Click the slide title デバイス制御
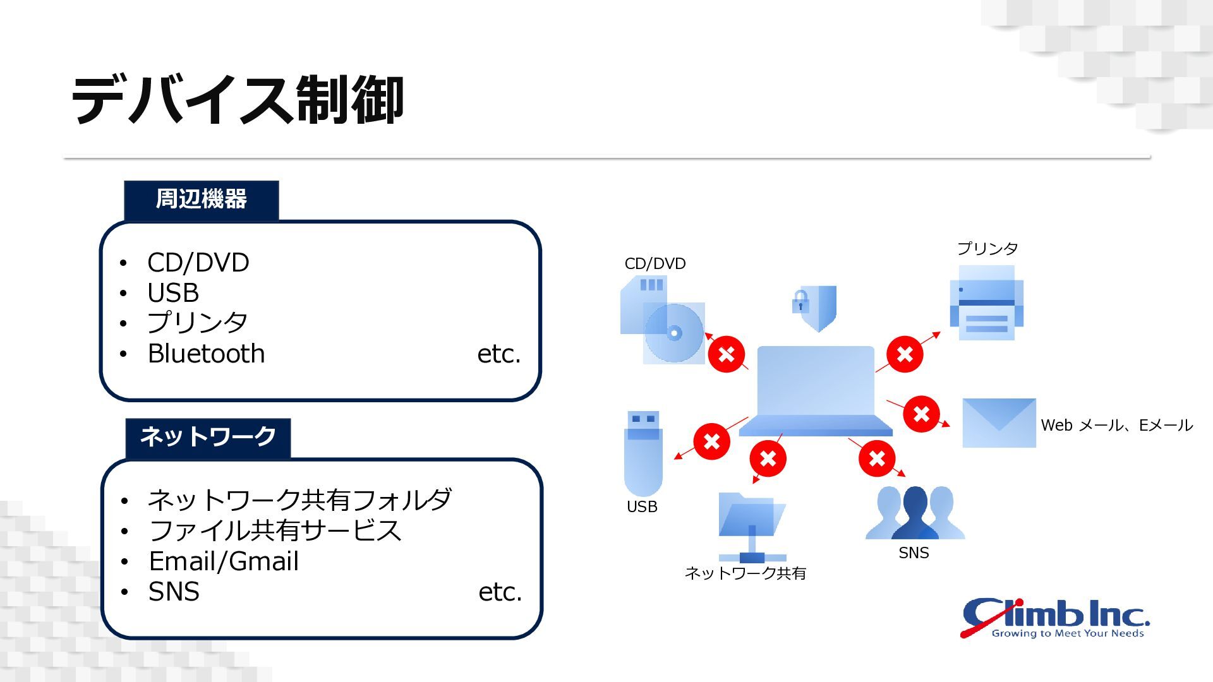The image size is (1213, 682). [237, 100]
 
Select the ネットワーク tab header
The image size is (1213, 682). [208, 437]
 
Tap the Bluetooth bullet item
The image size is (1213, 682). [206, 354]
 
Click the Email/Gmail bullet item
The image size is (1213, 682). [224, 561]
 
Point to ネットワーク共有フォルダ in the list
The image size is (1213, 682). [299, 500]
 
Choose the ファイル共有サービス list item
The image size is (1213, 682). [275, 530]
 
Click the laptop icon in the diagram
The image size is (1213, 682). [816, 391]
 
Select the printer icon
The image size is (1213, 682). [986, 303]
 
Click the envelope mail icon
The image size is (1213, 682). [999, 423]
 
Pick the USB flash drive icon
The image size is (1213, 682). [643, 453]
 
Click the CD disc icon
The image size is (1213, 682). [674, 333]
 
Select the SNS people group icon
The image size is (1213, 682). [915, 513]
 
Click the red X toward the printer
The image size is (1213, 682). [905, 354]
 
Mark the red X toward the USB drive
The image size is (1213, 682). [712, 441]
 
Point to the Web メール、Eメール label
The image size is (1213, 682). [1117, 425]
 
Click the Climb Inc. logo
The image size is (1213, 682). [1055, 618]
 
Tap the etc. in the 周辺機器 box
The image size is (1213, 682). [499, 354]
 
